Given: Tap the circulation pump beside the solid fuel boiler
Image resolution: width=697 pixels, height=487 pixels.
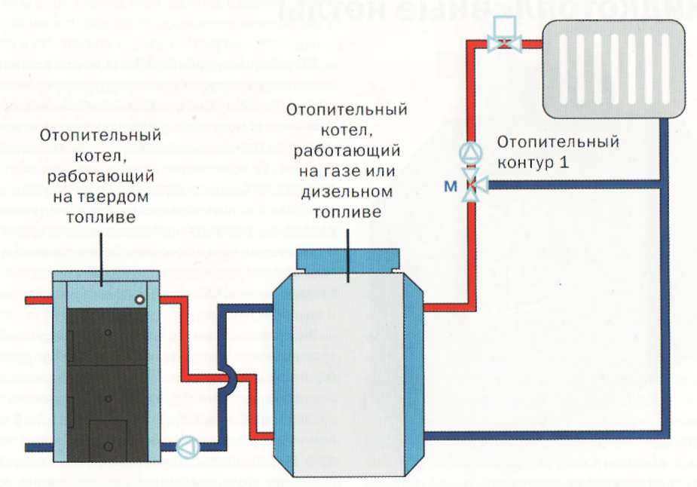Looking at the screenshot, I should (x=185, y=446).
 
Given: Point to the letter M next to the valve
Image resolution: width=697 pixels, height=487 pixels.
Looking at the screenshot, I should (x=450, y=185).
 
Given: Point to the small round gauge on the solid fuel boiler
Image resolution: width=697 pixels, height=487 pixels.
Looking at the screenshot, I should (x=139, y=300).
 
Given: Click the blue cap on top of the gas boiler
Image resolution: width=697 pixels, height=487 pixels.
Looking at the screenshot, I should (x=347, y=260).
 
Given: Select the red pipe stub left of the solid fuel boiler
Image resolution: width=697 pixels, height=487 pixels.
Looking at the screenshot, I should (x=38, y=300).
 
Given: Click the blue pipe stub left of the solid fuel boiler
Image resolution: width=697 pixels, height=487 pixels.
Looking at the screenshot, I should (x=38, y=447).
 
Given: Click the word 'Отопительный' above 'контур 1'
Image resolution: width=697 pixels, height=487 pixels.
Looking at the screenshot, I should (x=558, y=142).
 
